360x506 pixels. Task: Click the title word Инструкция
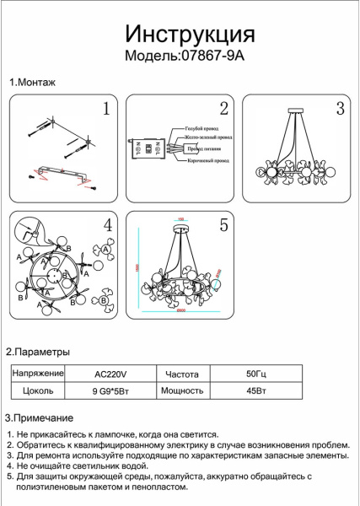pyautogui.click(x=190, y=35)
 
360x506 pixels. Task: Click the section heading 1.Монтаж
pyautogui.click(x=32, y=83)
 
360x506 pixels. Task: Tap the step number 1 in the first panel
pyautogui.click(x=105, y=108)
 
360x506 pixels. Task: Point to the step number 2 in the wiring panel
pyautogui.click(x=223, y=108)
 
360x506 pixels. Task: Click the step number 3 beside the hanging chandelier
pyautogui.click(x=340, y=108)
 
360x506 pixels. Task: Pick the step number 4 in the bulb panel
pyautogui.click(x=107, y=225)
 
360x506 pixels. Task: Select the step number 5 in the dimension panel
pyautogui.click(x=223, y=225)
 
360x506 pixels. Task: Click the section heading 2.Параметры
pyautogui.click(x=38, y=351)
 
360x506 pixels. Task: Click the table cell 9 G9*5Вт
pyautogui.click(x=109, y=390)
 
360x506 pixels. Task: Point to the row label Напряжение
pyautogui.click(x=38, y=372)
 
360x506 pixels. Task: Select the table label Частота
pyautogui.click(x=181, y=372)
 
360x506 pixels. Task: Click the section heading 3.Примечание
pyautogui.click(x=40, y=418)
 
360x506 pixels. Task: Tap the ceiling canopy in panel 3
pyautogui.click(x=298, y=110)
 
